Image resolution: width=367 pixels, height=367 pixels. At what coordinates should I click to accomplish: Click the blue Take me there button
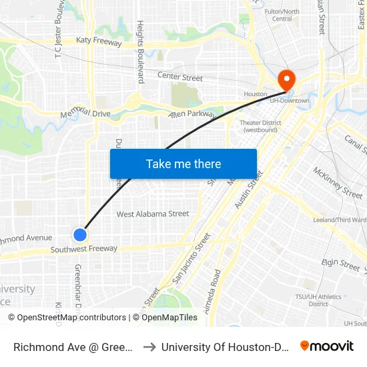click(x=183, y=163)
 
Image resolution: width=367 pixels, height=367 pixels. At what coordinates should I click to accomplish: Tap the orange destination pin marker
click(x=288, y=81)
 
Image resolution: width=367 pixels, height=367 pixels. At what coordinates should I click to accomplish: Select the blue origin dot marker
click(x=80, y=234)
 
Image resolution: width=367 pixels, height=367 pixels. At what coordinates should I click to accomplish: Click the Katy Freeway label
click(x=99, y=42)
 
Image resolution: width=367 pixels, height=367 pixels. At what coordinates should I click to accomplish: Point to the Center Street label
click(x=180, y=78)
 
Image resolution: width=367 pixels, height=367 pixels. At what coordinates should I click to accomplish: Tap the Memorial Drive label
click(x=85, y=114)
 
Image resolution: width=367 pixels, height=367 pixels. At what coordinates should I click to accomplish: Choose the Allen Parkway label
click(x=193, y=115)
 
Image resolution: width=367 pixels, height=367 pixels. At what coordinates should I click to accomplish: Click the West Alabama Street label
click(x=153, y=214)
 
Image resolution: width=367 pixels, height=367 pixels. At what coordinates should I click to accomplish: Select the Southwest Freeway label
click(x=84, y=249)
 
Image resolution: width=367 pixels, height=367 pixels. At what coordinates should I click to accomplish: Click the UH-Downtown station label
click(x=289, y=101)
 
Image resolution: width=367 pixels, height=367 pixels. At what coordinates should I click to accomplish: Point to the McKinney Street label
click(x=338, y=182)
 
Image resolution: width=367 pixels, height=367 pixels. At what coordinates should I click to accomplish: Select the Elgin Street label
click(x=340, y=265)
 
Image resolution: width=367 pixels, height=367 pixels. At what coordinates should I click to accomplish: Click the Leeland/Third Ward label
click(x=340, y=220)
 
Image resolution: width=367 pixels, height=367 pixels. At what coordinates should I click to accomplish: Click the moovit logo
click(x=326, y=346)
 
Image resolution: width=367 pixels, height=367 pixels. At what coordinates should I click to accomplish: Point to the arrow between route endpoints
click(x=149, y=346)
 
